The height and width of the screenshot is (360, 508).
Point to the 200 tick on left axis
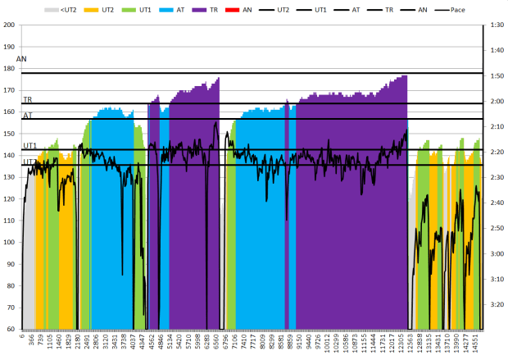click(10, 25)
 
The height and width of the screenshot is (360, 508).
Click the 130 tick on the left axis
click(10, 177)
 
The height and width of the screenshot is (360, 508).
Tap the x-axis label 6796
click(226, 342)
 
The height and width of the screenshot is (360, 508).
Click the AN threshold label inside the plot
click(21, 60)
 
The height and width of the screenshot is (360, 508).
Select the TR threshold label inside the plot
click(27, 99)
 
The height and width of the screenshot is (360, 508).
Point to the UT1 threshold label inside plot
click(29, 145)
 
